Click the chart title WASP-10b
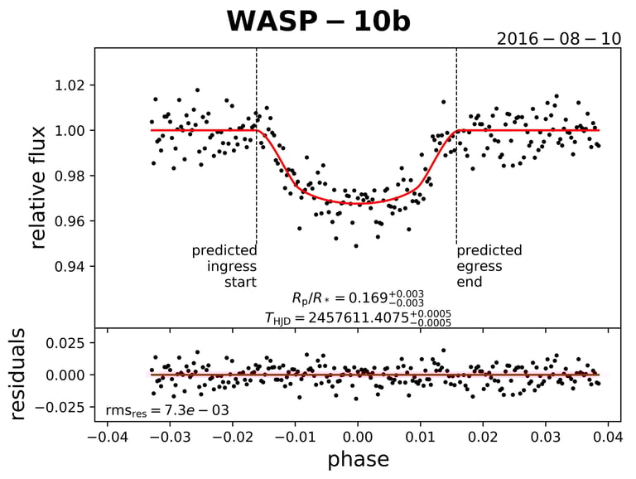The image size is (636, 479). (318, 22)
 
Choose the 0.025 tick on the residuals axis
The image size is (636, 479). (65, 342)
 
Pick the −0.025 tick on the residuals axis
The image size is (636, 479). (61, 407)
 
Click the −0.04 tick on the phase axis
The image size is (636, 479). (105, 434)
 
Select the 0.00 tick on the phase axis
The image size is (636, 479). (357, 434)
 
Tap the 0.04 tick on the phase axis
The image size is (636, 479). (608, 434)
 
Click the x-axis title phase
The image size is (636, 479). (358, 458)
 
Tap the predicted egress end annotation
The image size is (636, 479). (489, 266)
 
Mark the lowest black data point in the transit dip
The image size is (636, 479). (356, 245)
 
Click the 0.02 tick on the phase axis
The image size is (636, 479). (483, 434)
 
